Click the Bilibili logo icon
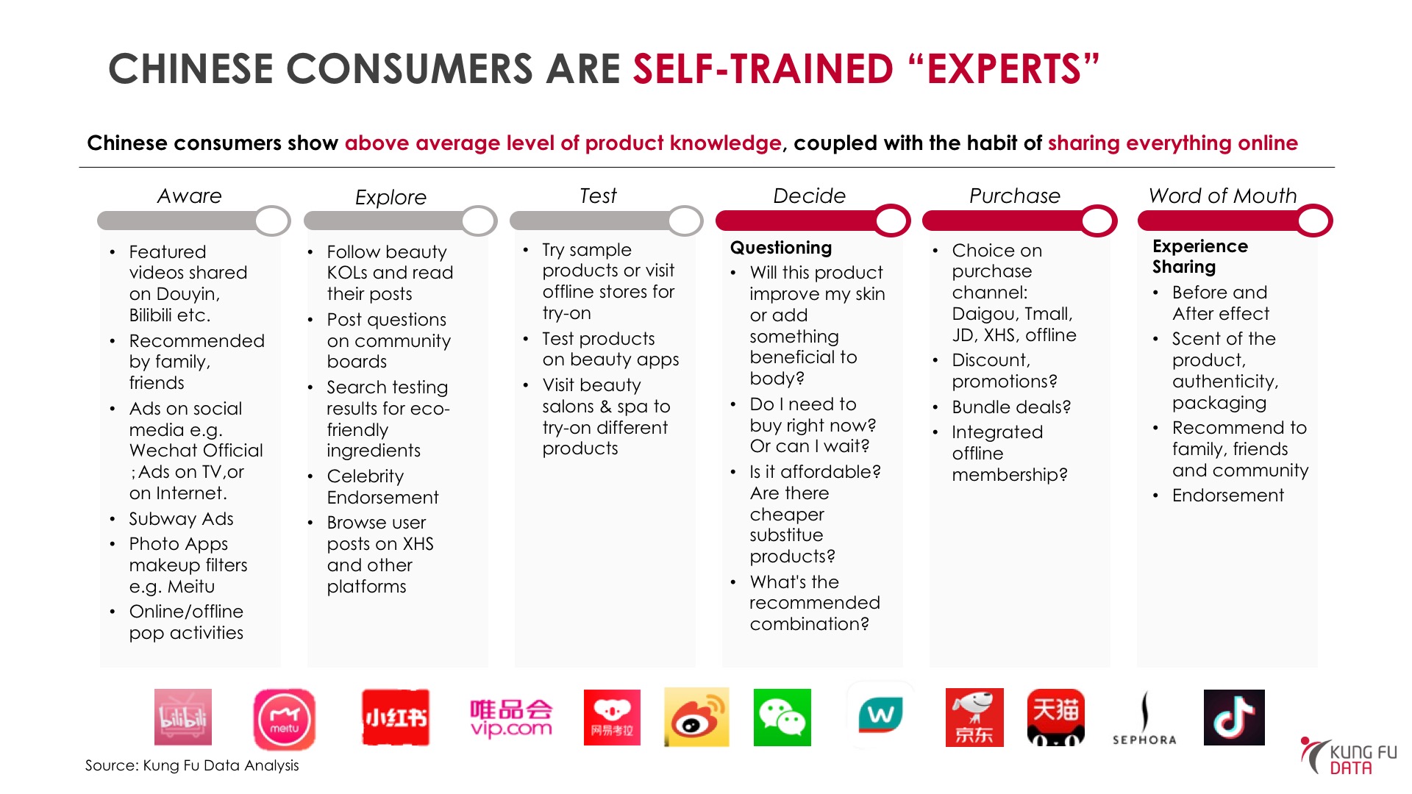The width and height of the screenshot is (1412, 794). coord(183,718)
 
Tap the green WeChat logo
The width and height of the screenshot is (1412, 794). coord(782,718)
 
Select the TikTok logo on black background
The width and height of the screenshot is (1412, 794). coord(1234,718)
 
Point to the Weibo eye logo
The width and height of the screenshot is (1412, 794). coord(696,718)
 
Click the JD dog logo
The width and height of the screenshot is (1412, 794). coord(974,718)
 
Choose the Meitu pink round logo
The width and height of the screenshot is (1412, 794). coord(285,719)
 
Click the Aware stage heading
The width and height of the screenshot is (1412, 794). coord(189,196)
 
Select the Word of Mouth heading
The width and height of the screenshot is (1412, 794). coord(1222,196)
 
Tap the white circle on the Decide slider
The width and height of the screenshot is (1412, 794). coord(892,221)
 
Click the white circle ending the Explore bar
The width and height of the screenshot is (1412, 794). coord(479,221)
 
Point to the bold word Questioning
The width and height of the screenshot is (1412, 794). coord(781,248)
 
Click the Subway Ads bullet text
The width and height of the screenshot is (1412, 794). coord(181,519)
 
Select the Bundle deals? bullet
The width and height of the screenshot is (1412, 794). coord(1011,407)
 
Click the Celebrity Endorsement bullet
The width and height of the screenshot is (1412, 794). coord(382,487)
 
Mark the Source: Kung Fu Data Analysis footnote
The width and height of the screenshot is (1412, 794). coord(192,765)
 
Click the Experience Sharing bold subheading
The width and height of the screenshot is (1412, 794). coord(1199,257)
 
